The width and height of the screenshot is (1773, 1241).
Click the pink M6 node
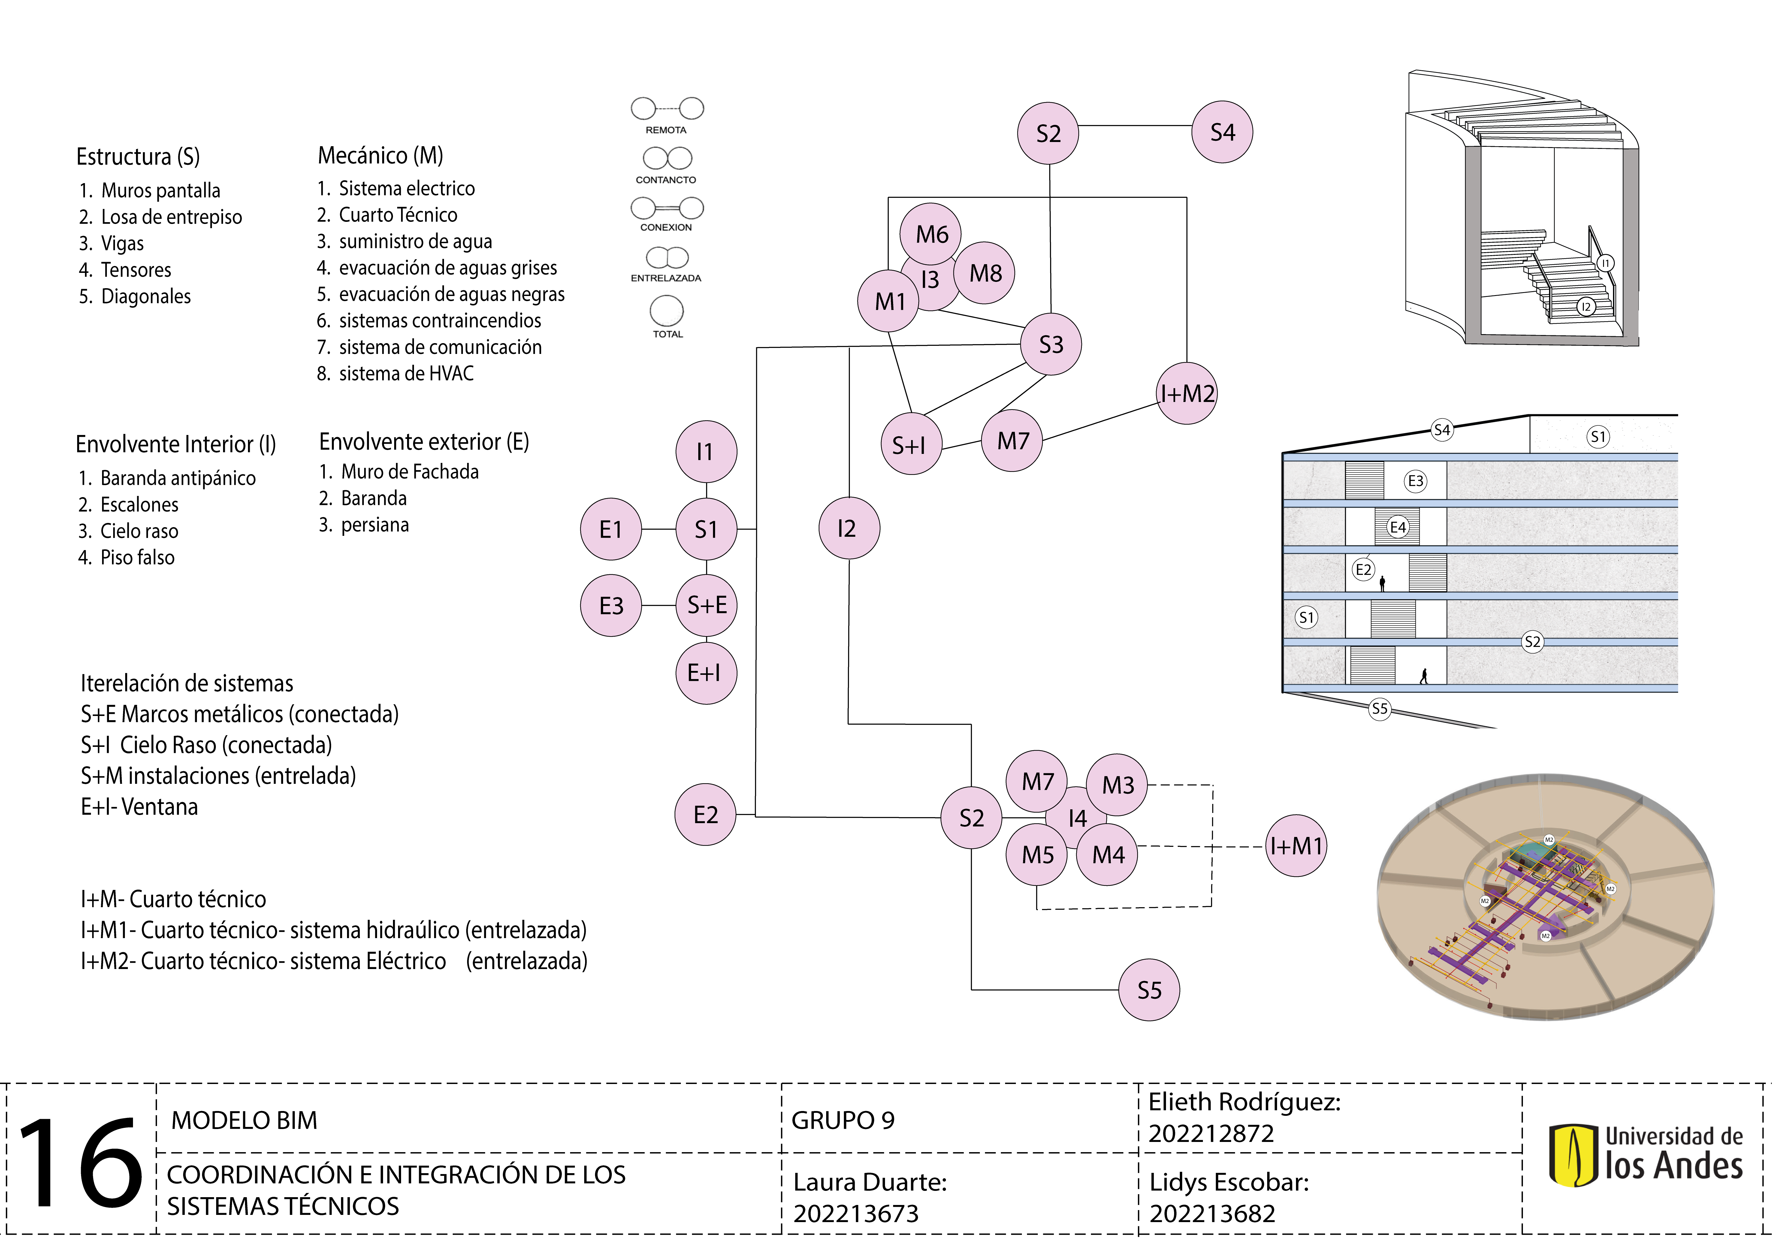(x=931, y=234)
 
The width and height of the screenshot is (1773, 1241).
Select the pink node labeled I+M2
(x=1187, y=394)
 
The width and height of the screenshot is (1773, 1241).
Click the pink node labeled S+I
(x=911, y=445)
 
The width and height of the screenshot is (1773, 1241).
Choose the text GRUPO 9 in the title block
(x=842, y=1121)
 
